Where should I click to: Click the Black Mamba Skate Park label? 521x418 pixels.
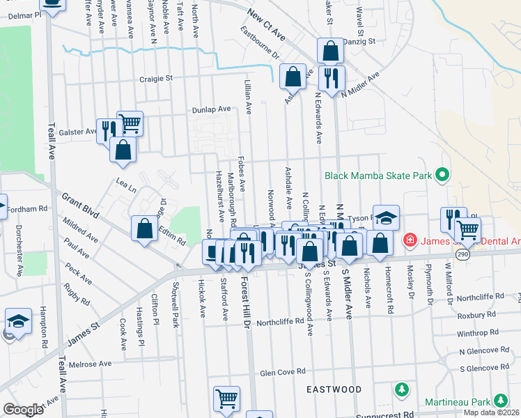pyautogui.click(x=378, y=176)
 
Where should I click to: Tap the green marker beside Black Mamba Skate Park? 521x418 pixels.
pyautogui.click(x=441, y=175)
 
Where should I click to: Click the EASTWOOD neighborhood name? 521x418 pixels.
pyautogui.click(x=334, y=389)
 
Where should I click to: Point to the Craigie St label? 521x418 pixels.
pyautogui.click(x=155, y=79)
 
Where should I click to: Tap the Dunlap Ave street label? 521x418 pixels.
pyautogui.click(x=212, y=110)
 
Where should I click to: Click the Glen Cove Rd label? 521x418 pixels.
pyautogui.click(x=283, y=373)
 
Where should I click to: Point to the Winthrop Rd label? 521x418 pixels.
pyautogui.click(x=477, y=333)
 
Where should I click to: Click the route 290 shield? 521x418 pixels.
pyautogui.click(x=462, y=255)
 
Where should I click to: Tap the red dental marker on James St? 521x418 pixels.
pyautogui.click(x=410, y=241)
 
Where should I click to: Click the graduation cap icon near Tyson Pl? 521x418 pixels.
pyautogui.click(x=386, y=217)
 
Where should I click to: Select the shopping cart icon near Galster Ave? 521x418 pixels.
pyautogui.click(x=130, y=123)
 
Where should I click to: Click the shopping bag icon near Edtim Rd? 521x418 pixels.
pyautogui.click(x=144, y=229)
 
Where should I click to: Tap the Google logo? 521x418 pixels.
pyautogui.click(x=23, y=410)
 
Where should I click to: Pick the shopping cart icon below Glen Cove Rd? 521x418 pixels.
pyautogui.click(x=226, y=398)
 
